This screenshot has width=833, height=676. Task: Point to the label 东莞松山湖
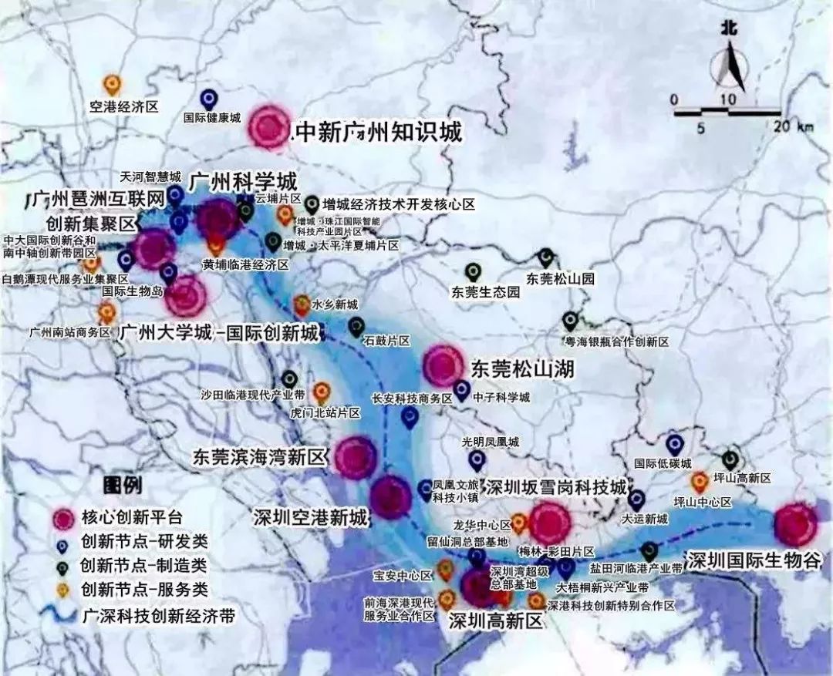pyautogui.click(x=523, y=369)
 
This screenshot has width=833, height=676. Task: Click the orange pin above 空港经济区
pyautogui.click(x=113, y=83)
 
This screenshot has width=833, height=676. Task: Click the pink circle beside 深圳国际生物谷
pyautogui.click(x=795, y=524)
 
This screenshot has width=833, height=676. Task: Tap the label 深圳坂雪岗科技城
pyautogui.click(x=556, y=489)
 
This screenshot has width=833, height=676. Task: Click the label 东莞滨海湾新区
pyautogui.click(x=261, y=456)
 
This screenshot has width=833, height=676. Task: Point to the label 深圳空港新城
pyautogui.click(x=311, y=517)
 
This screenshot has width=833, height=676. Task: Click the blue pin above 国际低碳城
pyautogui.click(x=675, y=445)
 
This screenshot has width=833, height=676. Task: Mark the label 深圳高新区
pyautogui.click(x=496, y=620)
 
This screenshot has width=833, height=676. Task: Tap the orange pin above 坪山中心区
pyautogui.click(x=700, y=483)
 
